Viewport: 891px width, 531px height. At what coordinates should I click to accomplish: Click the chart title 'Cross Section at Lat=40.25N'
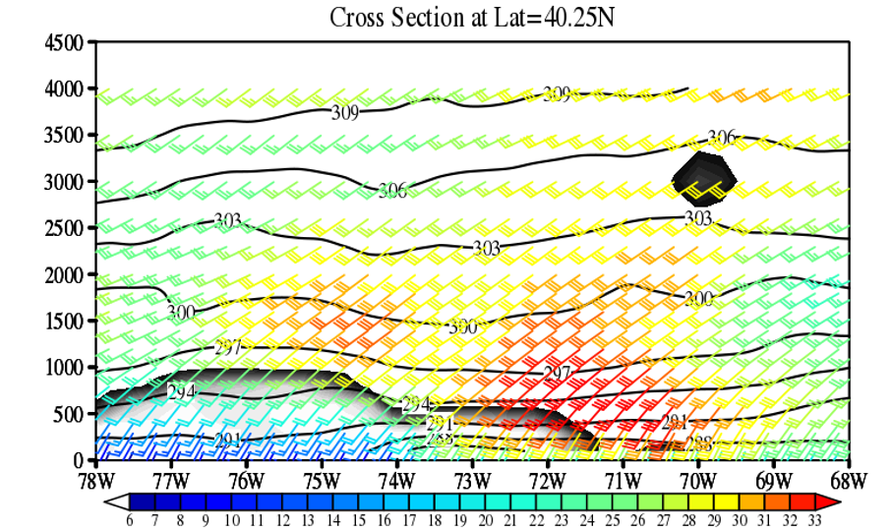472,17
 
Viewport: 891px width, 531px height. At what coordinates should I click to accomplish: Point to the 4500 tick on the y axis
65,42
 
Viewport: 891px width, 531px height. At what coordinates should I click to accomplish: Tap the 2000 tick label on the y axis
65,274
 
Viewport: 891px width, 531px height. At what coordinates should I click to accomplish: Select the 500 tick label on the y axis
70,414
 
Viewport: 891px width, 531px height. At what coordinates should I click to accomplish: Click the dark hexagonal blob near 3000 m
704,177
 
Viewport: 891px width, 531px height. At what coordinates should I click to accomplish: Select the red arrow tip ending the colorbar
834,501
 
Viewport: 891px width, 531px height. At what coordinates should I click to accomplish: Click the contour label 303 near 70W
698,217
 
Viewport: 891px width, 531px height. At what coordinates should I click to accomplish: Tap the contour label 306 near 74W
392,191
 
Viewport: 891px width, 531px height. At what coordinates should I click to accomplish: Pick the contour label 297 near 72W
558,373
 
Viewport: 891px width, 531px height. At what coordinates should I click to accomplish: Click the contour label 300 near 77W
181,313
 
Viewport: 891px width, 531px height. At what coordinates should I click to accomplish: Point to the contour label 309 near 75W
344,112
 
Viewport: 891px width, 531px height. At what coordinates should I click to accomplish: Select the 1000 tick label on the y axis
65,368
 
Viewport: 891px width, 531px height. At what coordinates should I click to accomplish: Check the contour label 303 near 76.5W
227,221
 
